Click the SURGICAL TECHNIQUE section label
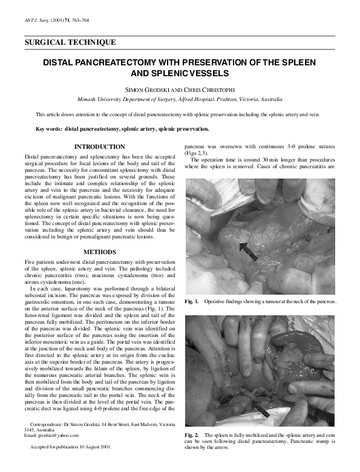(x=69, y=42)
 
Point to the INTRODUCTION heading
(x=99, y=147)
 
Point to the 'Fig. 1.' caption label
(x=192, y=301)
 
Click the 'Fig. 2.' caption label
(x=192, y=435)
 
